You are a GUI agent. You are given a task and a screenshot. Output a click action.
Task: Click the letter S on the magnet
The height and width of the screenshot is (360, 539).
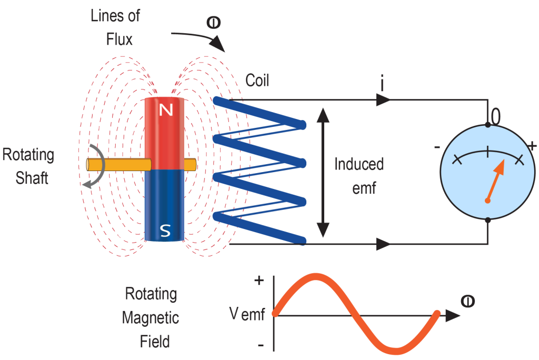(x=165, y=230)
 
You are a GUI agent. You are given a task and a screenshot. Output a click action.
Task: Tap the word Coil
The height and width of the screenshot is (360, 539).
(x=257, y=81)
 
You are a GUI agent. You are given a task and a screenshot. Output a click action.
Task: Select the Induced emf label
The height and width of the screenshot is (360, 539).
(x=359, y=176)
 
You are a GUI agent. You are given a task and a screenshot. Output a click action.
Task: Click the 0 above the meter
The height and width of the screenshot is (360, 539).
(x=495, y=114)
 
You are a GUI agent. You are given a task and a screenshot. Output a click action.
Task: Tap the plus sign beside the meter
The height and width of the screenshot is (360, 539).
(x=533, y=145)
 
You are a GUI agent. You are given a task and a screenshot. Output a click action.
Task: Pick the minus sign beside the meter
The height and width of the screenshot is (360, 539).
(x=437, y=147)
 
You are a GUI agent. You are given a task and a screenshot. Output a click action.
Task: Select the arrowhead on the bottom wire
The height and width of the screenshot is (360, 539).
(x=383, y=244)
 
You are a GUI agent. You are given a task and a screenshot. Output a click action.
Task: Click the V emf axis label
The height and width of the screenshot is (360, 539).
(x=248, y=315)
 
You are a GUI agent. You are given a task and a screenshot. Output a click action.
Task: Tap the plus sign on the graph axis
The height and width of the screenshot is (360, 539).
(x=259, y=281)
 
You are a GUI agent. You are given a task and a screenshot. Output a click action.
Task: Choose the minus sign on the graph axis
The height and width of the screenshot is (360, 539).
(x=260, y=345)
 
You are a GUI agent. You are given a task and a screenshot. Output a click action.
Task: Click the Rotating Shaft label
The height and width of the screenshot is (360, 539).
(x=29, y=166)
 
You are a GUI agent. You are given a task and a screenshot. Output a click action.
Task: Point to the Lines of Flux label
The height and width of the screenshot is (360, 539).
(x=115, y=27)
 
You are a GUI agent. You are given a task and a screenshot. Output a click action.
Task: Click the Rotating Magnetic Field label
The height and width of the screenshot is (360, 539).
(x=151, y=317)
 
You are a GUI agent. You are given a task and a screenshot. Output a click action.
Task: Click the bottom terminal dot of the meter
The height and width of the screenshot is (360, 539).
(x=488, y=220)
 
